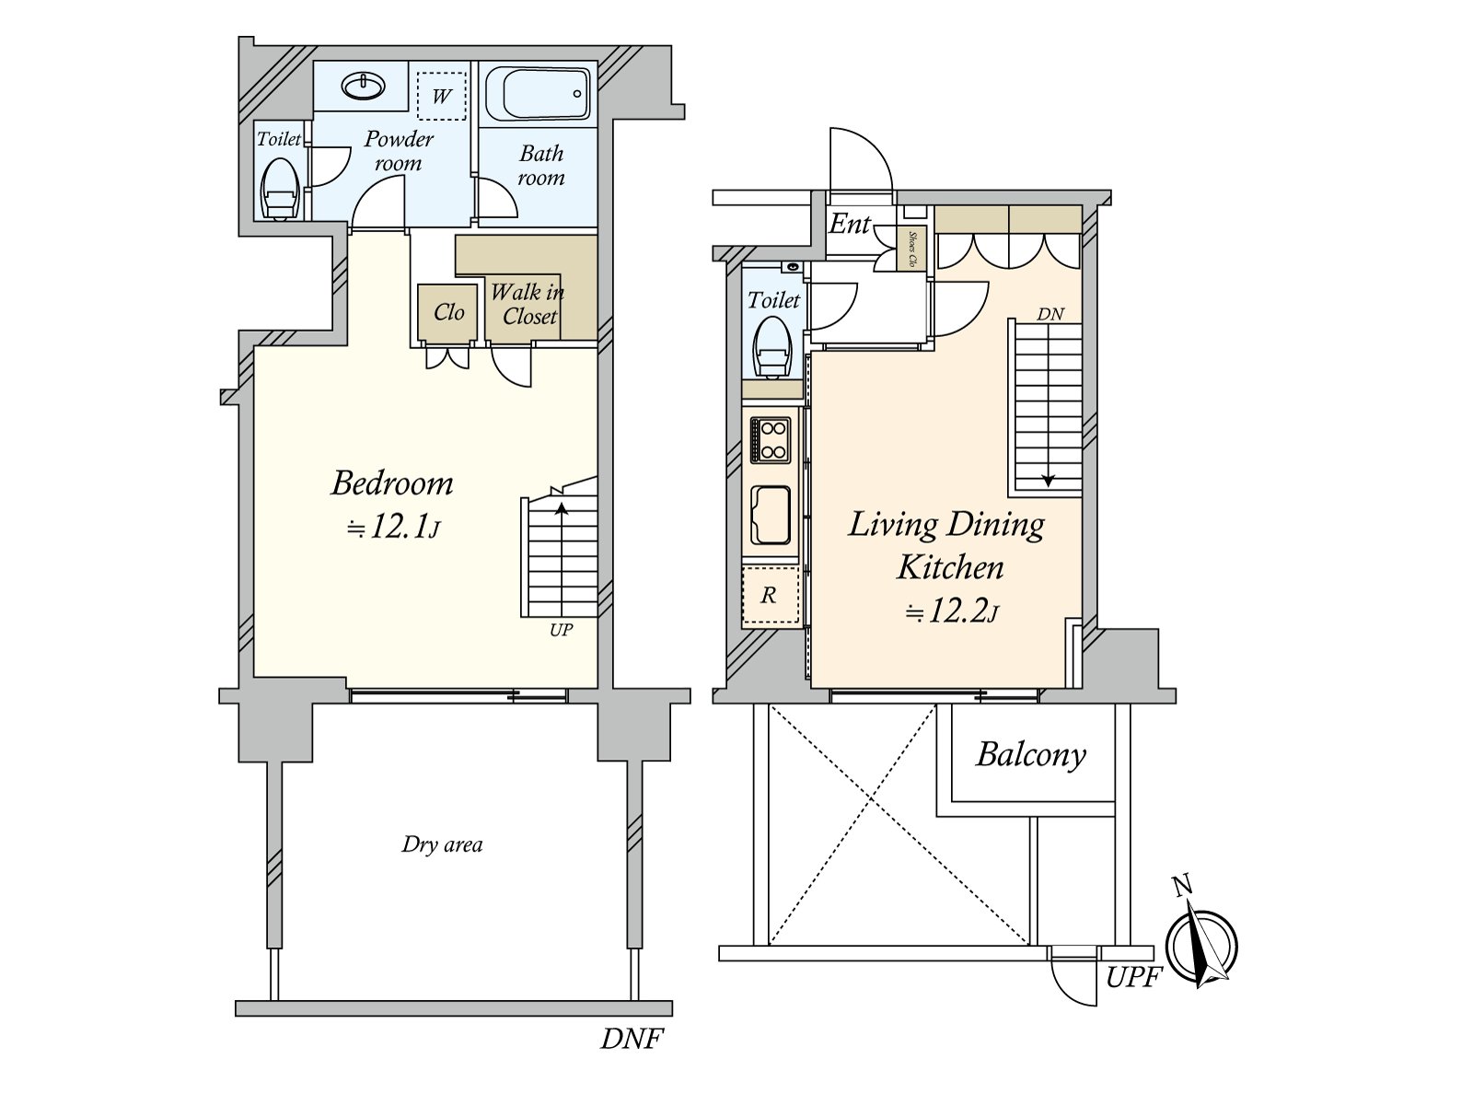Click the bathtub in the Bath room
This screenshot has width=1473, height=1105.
pos(536,93)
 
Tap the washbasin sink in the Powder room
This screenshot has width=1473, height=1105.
pos(363,87)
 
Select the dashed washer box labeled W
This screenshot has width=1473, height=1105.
pos(442,96)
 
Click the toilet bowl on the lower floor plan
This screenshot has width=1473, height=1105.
pos(279,190)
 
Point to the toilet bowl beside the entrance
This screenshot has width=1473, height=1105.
pos(771,349)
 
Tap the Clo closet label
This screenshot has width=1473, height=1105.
pos(448,313)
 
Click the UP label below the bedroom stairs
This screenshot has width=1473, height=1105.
pos(561,631)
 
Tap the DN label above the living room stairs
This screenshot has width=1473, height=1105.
pos(1050,314)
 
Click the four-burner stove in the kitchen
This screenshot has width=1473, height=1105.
pos(770,439)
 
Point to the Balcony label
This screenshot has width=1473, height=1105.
pos(1030,754)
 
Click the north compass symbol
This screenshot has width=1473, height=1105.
pos(1200,945)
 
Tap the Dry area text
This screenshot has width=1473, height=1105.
pos(442,844)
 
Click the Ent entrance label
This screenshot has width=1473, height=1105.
pos(849,223)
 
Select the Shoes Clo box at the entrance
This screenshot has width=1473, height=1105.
pos(911,249)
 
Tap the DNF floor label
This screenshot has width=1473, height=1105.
pos(632,1039)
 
